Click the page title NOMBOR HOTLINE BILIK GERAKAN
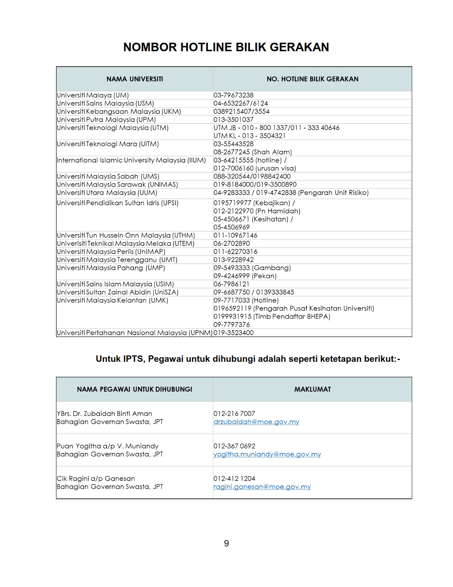coord(226,47)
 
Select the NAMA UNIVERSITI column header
coord(135,79)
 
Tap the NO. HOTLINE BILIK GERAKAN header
coord(312,79)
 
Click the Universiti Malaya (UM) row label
coord(93,95)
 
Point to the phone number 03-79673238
coord(233,95)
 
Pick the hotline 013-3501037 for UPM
coord(233,120)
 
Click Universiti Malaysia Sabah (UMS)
coord(108,176)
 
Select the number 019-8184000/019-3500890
coord(255,185)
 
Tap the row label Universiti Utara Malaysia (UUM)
coord(107,193)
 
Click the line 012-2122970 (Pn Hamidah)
coord(257,211)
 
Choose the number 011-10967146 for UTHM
coord(235,236)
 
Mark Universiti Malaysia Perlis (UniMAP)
coord(111,252)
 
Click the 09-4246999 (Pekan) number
coord(245,276)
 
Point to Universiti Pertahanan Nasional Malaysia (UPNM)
coord(134,333)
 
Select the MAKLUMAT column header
coord(312,389)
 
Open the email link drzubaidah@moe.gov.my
coord(256,422)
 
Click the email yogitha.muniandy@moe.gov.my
coord(267,454)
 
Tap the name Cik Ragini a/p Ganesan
coord(96,478)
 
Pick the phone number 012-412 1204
coord(234,478)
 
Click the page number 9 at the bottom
coord(226,543)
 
